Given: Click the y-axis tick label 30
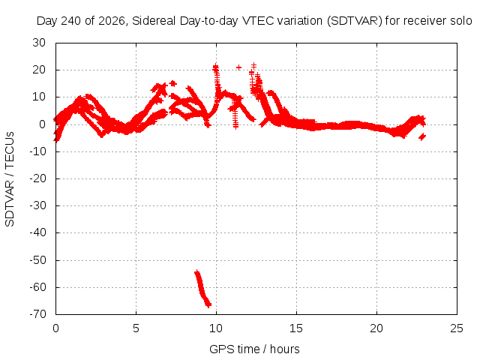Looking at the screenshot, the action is point(39,43).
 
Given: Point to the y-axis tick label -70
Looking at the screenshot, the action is point(37,314).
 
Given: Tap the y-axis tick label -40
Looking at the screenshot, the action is point(37,232).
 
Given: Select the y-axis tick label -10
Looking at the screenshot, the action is point(37,151).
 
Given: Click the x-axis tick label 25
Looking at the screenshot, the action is point(457,328).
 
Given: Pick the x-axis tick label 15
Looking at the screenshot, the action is point(296,328).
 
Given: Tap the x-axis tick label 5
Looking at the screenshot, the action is point(136,328).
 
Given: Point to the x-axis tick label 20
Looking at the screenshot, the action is point(376,328).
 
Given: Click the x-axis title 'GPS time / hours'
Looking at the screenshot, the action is point(254,349).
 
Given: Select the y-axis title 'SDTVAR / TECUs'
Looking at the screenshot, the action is point(10,179).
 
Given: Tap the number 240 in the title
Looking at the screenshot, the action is point(71,21).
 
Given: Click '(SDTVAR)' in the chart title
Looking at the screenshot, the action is point(355,21).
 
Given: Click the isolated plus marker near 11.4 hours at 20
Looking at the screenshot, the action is point(238,67).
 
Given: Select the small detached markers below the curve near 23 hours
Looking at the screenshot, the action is point(422,136).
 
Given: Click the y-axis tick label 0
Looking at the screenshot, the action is point(42,124).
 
